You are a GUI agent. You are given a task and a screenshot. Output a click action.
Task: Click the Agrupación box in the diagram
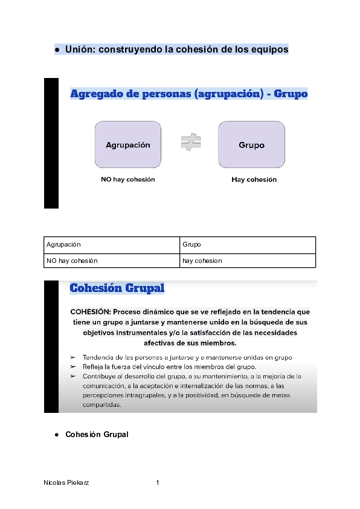tap(127, 144)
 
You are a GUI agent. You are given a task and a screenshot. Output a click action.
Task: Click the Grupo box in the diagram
tap(251, 144)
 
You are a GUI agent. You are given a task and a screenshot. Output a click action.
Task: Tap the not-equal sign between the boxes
tap(191, 143)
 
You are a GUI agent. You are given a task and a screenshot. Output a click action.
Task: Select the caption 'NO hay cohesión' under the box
tap(128, 180)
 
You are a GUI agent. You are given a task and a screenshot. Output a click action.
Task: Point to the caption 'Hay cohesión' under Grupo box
tap(254, 180)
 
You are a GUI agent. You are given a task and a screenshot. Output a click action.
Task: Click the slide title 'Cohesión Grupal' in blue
tap(117, 288)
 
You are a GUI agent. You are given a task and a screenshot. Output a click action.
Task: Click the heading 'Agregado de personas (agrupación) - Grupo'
tap(189, 94)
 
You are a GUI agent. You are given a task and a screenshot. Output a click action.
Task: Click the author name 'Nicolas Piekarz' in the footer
tap(67, 483)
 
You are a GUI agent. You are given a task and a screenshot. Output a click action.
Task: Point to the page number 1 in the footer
tap(158, 483)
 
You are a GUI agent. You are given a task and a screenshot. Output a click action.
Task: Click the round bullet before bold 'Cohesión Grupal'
tap(56, 435)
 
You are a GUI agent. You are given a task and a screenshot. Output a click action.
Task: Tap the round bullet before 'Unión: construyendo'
tap(56, 50)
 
